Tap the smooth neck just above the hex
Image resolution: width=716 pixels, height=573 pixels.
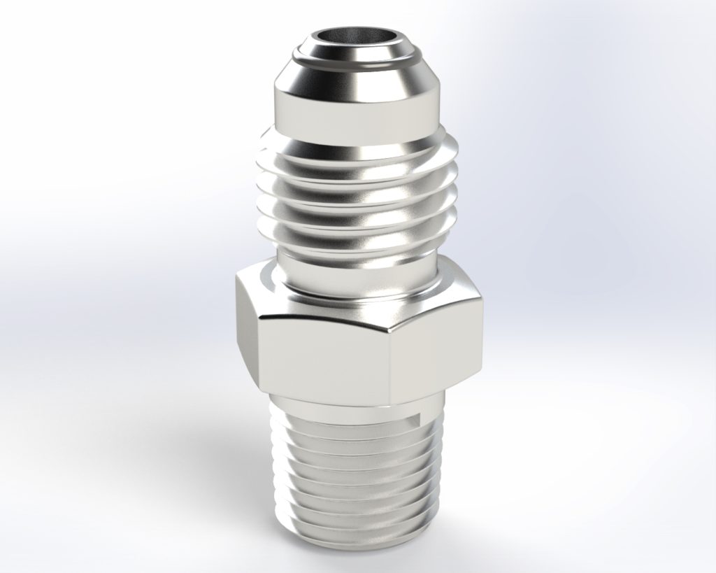point(357,276)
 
